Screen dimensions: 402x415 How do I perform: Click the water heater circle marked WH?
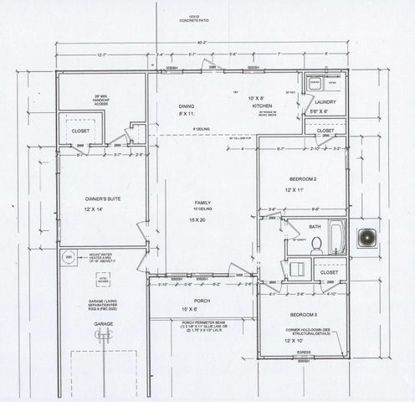(70, 257)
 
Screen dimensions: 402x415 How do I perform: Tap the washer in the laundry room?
(314, 84)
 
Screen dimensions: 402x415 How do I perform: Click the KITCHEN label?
(264, 107)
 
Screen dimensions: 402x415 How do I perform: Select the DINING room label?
(187, 106)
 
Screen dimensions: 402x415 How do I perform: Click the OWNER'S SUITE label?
(102, 198)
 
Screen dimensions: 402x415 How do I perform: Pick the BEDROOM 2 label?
(301, 179)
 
